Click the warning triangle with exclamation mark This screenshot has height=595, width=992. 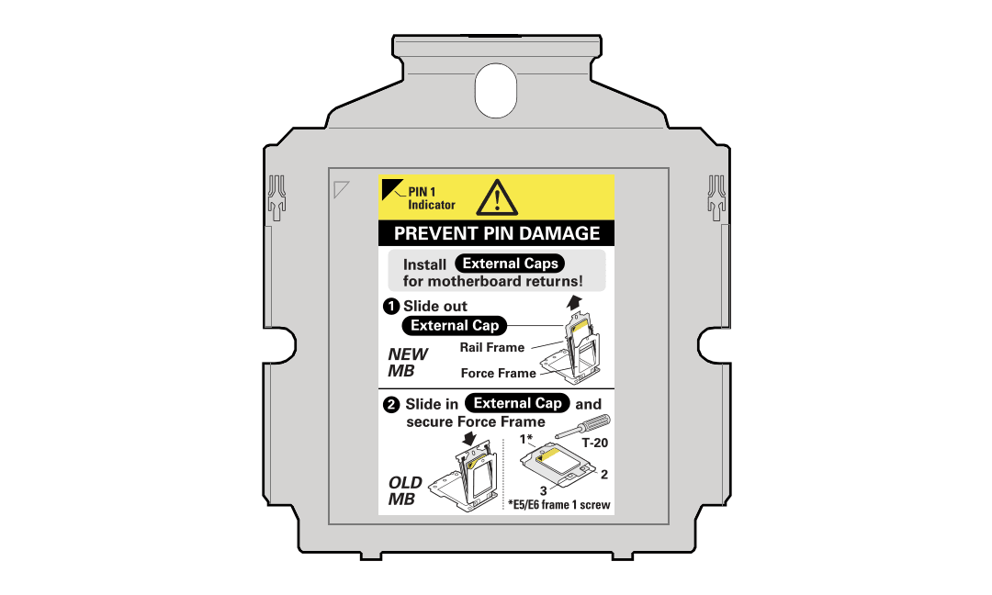click(x=497, y=198)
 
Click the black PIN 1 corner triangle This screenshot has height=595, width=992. click(x=389, y=186)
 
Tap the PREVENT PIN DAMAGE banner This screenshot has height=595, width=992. click(x=497, y=233)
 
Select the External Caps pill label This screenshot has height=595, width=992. click(x=510, y=264)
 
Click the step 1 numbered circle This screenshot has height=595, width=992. click(x=391, y=307)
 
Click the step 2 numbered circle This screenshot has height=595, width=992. click(x=391, y=404)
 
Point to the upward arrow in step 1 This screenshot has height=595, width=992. click(x=574, y=302)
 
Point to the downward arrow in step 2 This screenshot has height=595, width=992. click(x=469, y=439)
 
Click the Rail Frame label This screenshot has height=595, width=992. click(x=492, y=347)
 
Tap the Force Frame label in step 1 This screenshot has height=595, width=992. click(x=499, y=373)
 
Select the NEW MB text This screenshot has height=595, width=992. click(x=408, y=363)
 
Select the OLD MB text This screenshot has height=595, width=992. click(x=405, y=490)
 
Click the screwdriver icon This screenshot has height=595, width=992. click(x=582, y=426)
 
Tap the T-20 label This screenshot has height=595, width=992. click(x=594, y=443)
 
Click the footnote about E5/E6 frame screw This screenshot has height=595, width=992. click(x=559, y=505)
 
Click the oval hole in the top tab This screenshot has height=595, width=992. click(x=496, y=90)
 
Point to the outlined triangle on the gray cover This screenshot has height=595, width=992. click(x=341, y=189)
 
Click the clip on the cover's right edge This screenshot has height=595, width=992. click(x=716, y=198)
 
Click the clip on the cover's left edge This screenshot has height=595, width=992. click(x=277, y=198)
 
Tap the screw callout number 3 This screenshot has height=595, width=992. click(x=543, y=490)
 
